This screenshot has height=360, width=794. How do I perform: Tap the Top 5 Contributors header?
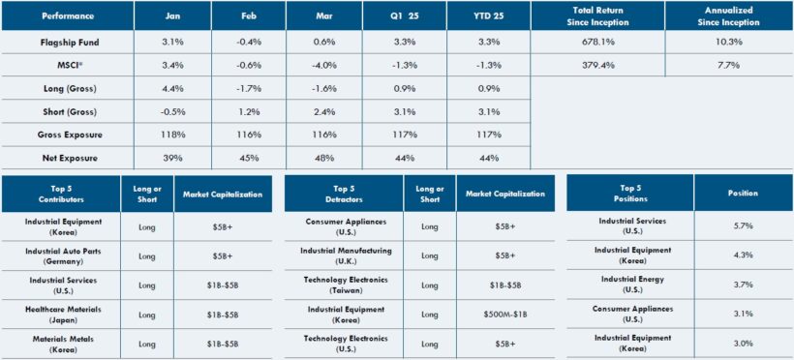62,194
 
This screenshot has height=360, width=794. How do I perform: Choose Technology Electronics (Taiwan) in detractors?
345,285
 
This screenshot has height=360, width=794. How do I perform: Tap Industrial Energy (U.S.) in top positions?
629,285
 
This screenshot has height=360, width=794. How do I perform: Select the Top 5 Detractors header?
345,194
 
